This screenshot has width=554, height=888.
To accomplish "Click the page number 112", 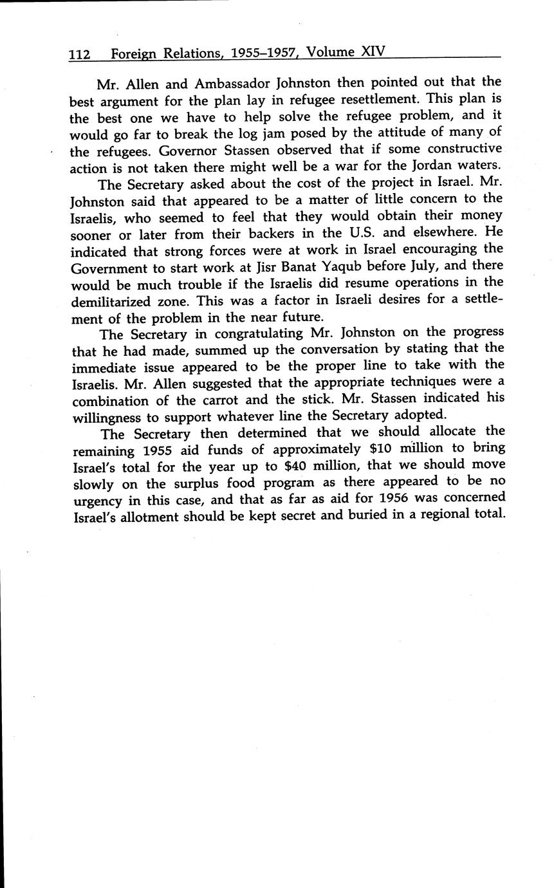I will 80,55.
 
